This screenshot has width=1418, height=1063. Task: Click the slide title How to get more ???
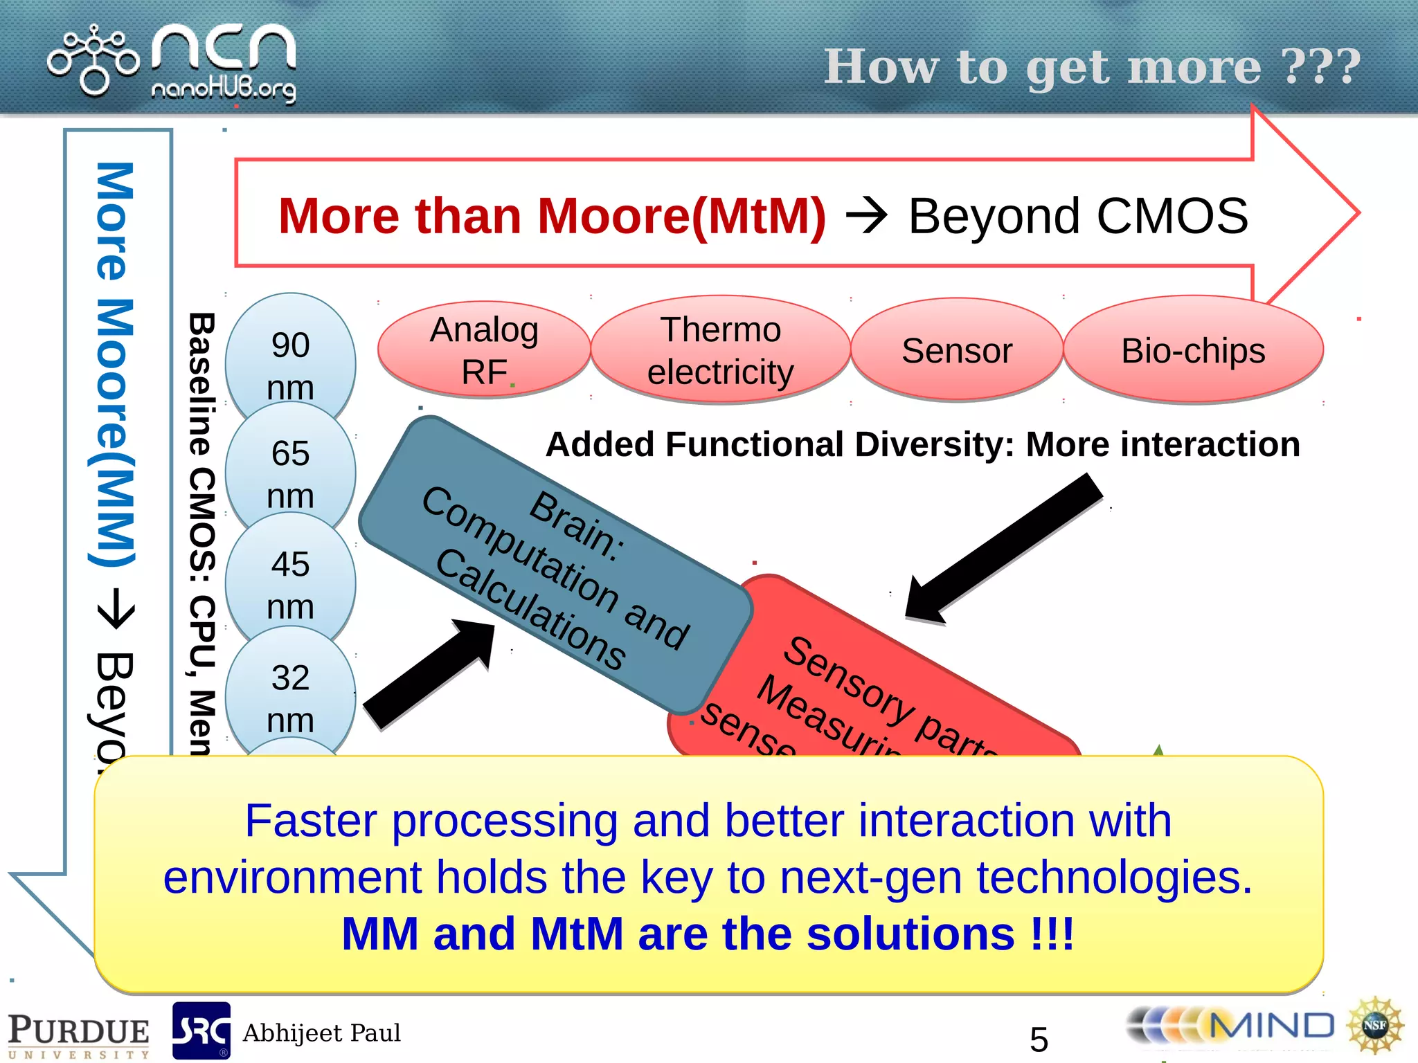(x=1092, y=67)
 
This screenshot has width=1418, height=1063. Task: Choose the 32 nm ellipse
(x=290, y=698)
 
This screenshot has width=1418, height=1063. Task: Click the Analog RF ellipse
(x=484, y=349)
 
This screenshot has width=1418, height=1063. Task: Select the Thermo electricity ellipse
(x=720, y=349)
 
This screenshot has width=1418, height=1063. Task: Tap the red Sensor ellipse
(x=956, y=350)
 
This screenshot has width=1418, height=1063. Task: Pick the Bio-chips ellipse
(x=1192, y=350)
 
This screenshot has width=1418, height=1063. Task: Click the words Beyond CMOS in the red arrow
(x=1077, y=216)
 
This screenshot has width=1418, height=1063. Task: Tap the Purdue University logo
(x=78, y=1035)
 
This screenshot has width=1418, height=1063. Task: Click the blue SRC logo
(x=201, y=1031)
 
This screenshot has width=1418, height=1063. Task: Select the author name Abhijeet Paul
(x=321, y=1033)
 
